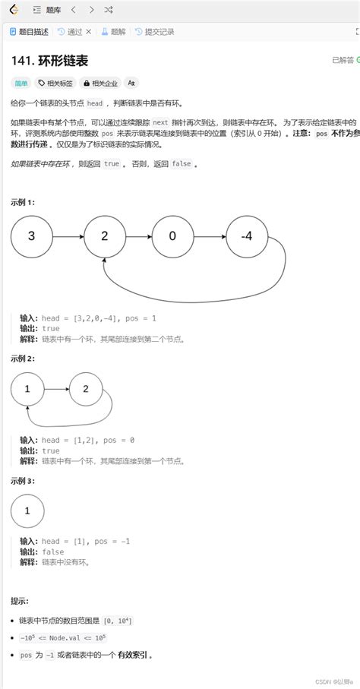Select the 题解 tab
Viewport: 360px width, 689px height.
(x=114, y=32)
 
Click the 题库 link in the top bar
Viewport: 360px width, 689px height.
(x=54, y=10)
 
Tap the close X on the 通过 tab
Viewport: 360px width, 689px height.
(x=89, y=32)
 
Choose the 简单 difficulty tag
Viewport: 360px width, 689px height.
(x=20, y=83)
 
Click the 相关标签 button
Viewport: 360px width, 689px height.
(x=55, y=83)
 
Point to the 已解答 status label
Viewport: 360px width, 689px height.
(x=343, y=60)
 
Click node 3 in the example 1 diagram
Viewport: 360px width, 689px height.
(x=31, y=236)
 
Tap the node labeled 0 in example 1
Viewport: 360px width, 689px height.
(x=172, y=236)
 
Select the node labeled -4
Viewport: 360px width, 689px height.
(x=246, y=236)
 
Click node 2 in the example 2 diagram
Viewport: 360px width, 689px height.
(x=86, y=390)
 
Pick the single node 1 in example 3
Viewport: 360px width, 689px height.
(x=27, y=511)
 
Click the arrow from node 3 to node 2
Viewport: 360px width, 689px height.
(x=68, y=236)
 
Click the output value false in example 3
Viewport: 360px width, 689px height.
(x=53, y=552)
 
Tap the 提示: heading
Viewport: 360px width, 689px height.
(x=20, y=600)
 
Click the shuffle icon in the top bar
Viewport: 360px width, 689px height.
(x=109, y=10)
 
